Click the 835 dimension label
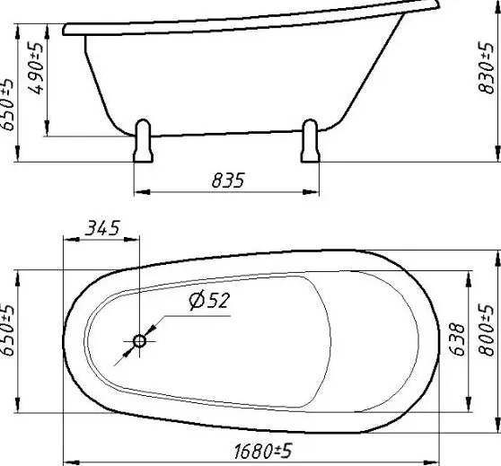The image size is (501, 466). coord(228,180)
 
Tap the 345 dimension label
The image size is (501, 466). coord(102,228)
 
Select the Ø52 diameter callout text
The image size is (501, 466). coord(209,301)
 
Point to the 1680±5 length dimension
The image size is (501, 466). coord(263,451)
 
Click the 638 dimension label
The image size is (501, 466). coord(457,339)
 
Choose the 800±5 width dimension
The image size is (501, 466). coord(487,330)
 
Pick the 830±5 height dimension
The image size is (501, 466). coord(487,68)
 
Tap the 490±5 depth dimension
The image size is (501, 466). coord(36,69)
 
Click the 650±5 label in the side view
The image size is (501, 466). coord(7,105)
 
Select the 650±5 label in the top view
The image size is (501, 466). coord(7,330)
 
